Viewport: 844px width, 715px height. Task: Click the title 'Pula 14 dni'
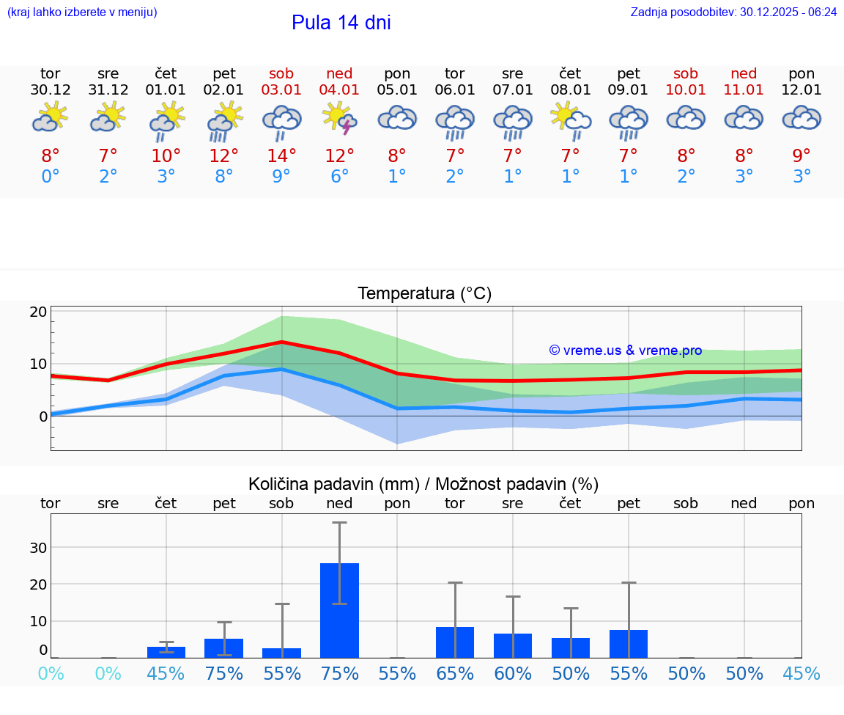(x=341, y=23)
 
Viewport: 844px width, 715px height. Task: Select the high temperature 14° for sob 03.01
(x=281, y=155)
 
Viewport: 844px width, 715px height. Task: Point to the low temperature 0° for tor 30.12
(x=50, y=177)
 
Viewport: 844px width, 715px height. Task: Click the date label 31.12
(x=108, y=90)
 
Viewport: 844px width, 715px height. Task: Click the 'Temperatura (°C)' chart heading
(x=424, y=293)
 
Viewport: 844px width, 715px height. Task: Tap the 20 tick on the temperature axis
(x=38, y=311)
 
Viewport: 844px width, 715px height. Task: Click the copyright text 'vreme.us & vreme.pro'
(x=626, y=351)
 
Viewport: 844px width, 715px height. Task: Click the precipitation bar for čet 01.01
(x=166, y=652)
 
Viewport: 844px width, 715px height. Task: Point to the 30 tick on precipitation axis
(x=38, y=548)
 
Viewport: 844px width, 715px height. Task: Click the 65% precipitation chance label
(x=455, y=674)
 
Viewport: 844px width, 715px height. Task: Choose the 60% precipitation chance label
(x=513, y=674)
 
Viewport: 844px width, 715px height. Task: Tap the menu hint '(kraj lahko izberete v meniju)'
(x=81, y=12)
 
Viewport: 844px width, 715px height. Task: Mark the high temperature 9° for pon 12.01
(x=802, y=155)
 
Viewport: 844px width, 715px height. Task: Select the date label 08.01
(x=570, y=90)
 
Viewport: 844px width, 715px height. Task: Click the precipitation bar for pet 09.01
(x=629, y=644)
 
